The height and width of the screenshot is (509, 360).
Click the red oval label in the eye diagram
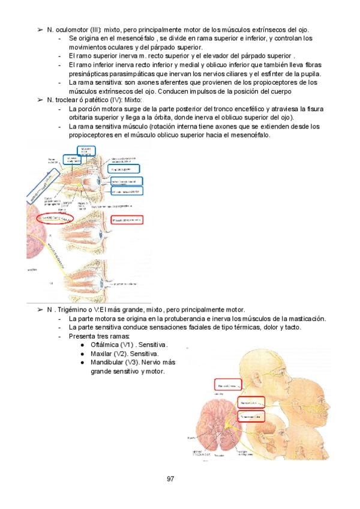[55, 218]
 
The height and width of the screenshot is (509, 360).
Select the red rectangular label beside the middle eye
[127, 220]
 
